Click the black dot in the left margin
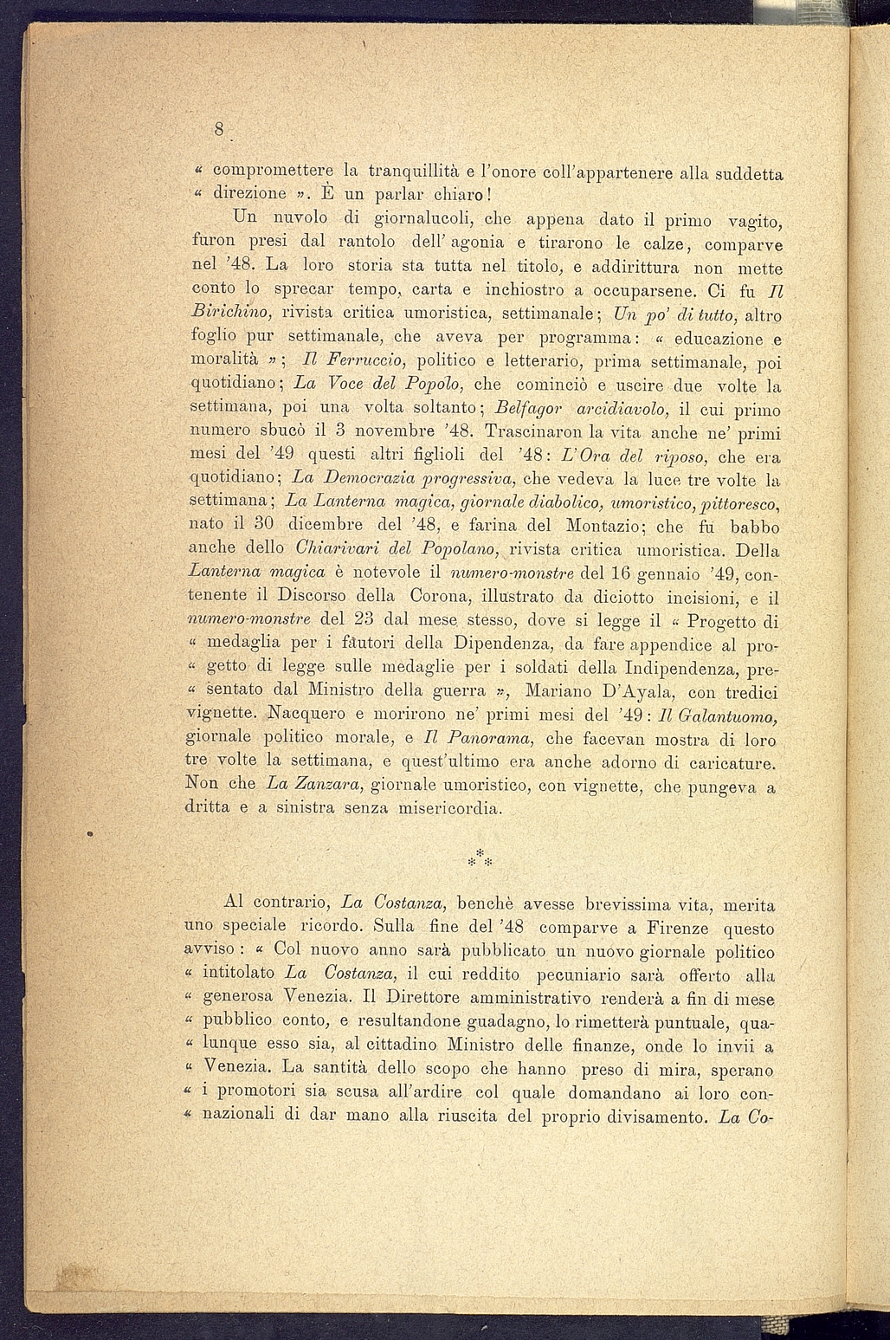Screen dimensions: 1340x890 tap(89, 834)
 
